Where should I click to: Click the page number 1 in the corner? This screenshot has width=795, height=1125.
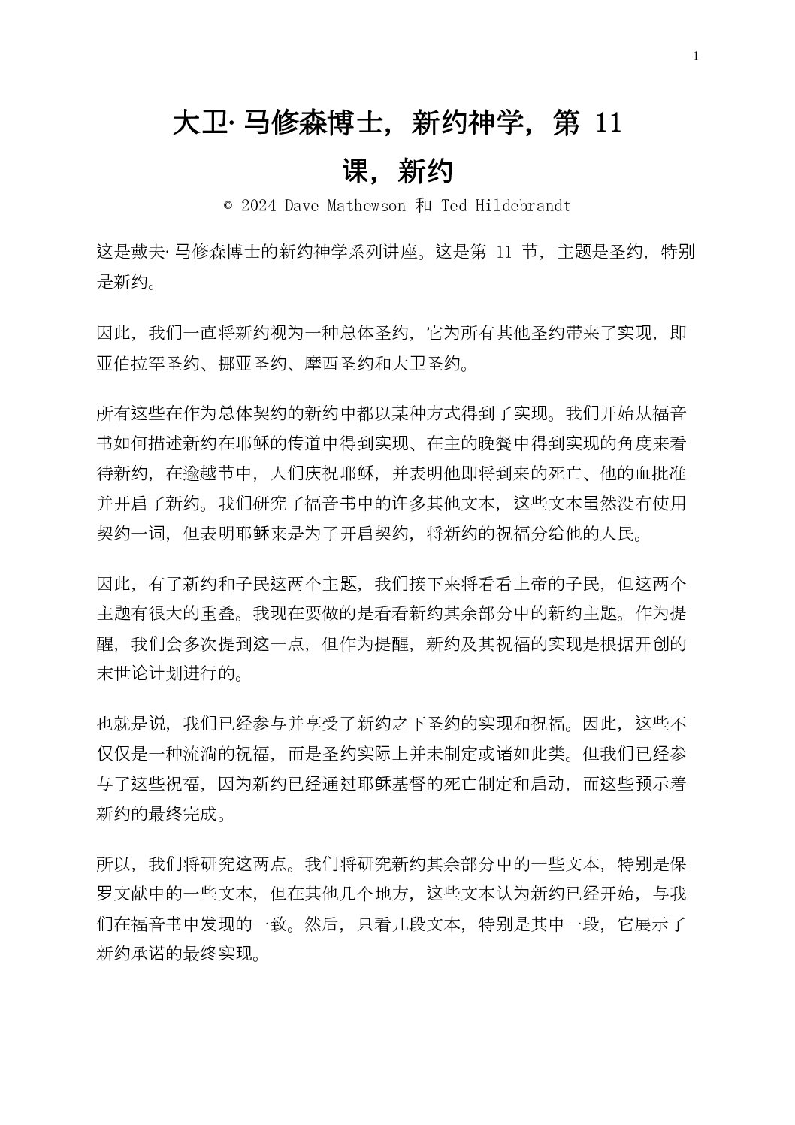[x=697, y=56]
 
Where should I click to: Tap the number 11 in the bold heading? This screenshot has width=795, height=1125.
[x=607, y=123]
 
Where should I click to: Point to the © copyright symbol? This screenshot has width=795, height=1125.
[x=228, y=206]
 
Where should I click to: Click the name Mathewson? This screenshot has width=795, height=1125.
[x=368, y=206]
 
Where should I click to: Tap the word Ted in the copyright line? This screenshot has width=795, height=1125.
[x=455, y=206]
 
